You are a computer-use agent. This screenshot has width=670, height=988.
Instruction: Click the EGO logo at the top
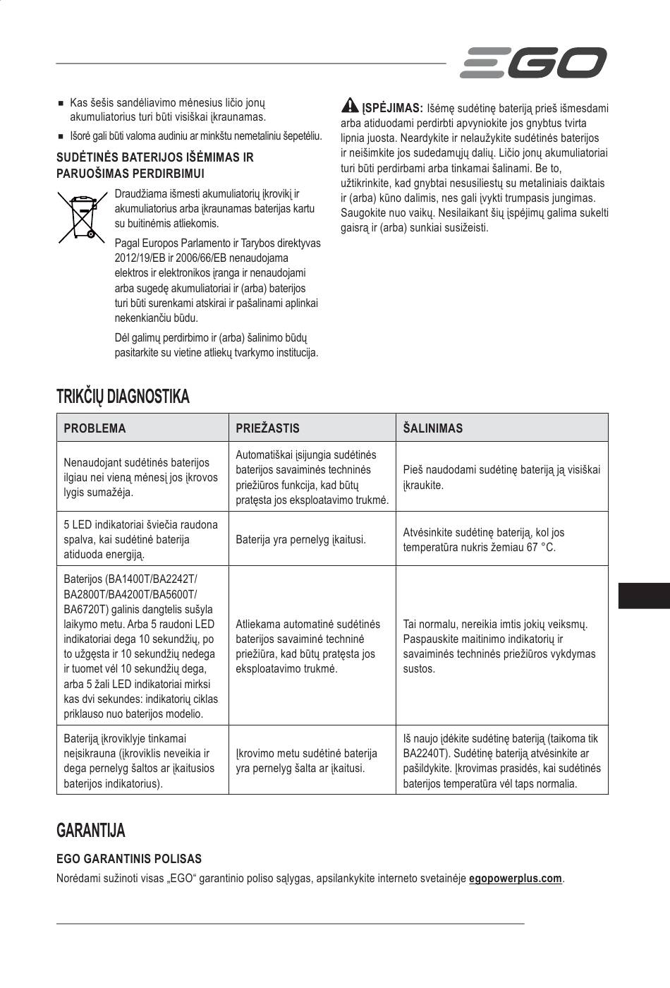coord(532,63)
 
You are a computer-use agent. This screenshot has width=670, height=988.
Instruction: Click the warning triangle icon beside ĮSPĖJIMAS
coord(350,106)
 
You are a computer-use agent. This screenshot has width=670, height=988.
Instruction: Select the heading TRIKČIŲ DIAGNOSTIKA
coord(123,397)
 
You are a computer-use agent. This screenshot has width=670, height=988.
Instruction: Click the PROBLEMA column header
coord(95,428)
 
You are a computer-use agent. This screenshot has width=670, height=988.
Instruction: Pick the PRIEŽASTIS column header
coord(267,428)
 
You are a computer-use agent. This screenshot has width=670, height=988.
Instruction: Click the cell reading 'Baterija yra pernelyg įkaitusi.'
coord(300,540)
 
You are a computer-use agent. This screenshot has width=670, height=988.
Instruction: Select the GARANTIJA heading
coord(91,831)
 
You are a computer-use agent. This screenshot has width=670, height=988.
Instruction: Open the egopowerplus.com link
coord(516,879)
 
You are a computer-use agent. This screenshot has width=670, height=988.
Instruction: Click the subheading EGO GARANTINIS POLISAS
coord(129,859)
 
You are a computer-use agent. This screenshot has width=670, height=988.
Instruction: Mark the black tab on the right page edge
coord(643,595)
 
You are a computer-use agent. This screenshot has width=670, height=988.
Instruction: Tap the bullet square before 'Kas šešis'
coord(61,104)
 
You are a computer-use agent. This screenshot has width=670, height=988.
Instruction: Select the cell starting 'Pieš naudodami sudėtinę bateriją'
coord(501,477)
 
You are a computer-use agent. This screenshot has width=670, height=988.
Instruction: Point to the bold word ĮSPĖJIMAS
coord(392,108)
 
